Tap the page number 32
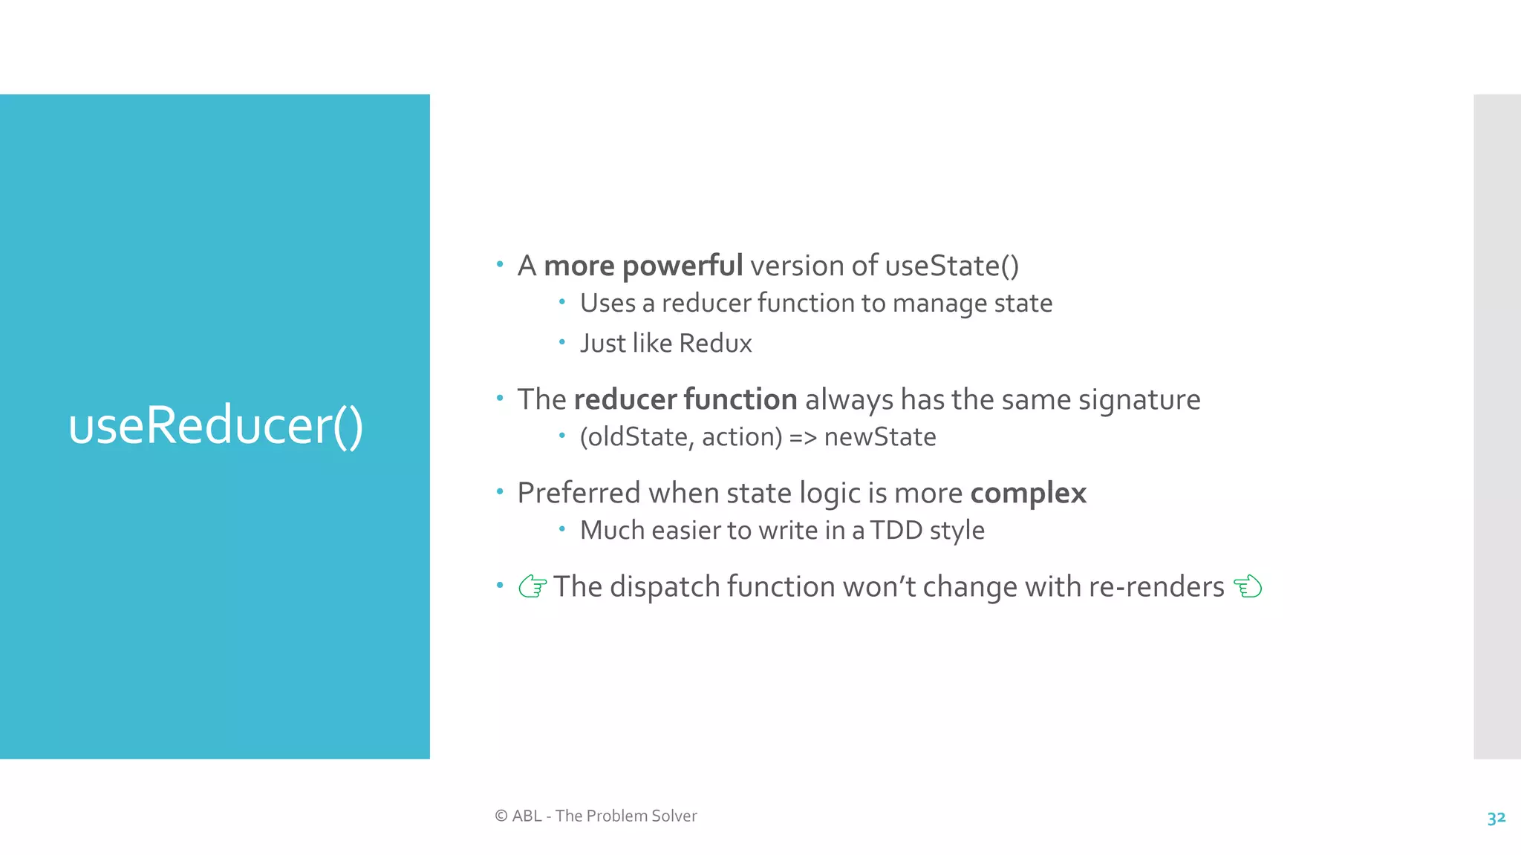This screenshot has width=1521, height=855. [1496, 817]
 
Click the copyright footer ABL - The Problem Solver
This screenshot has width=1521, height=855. [596, 816]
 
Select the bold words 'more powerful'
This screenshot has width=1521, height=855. [642, 266]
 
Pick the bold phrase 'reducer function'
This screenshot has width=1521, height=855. [685, 399]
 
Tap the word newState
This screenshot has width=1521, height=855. [879, 436]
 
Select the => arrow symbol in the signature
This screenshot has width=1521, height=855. [802, 437]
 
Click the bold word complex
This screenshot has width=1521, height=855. [1028, 493]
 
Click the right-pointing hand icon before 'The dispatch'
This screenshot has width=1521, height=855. [532, 586]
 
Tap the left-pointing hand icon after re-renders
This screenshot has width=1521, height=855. [1248, 586]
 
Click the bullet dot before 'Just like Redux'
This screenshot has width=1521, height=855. [562, 342]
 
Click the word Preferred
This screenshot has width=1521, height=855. [578, 493]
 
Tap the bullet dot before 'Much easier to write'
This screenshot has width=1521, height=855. [562, 529]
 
